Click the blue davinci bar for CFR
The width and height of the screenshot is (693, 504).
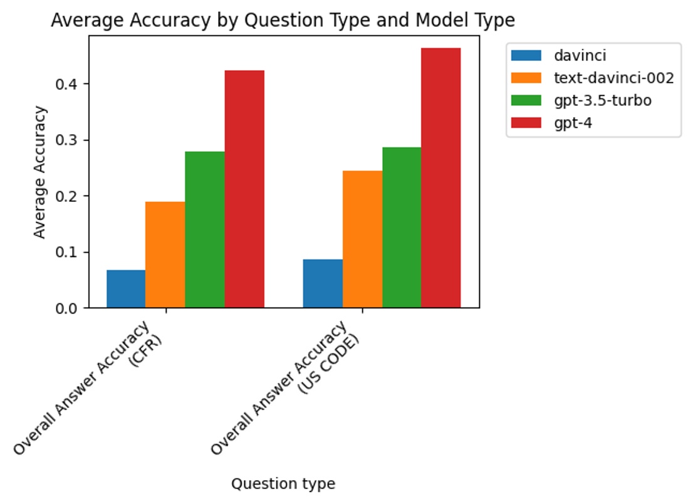tap(126, 289)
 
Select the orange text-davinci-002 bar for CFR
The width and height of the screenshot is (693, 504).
tap(165, 255)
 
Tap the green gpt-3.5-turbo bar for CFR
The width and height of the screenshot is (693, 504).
tap(205, 229)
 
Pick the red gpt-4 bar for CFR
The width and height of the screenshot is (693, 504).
tap(244, 189)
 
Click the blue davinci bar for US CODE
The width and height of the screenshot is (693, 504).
tap(323, 283)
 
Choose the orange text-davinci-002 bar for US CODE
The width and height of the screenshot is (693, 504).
tap(362, 239)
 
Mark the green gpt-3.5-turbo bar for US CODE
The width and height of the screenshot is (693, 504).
tap(402, 227)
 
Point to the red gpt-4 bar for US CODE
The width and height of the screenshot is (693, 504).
tap(441, 177)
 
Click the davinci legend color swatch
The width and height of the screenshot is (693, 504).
tap(526, 56)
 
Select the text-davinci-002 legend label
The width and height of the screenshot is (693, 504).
tap(613, 78)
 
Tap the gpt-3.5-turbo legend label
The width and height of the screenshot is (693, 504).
tap(603, 100)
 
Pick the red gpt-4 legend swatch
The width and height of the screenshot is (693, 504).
tap(526, 123)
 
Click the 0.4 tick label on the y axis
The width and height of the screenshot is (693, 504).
tap(70, 84)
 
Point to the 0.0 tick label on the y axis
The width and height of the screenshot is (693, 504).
tap(70, 308)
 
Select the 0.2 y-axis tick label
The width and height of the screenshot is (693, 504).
tap(70, 196)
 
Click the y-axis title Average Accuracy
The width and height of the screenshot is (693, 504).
tap(40, 172)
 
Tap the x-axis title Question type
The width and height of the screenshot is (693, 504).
tap(283, 484)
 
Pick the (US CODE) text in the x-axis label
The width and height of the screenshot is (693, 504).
tap(328, 364)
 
